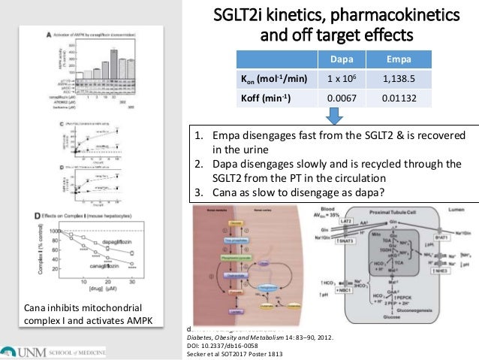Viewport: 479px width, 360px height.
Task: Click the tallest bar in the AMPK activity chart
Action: click(113, 54)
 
